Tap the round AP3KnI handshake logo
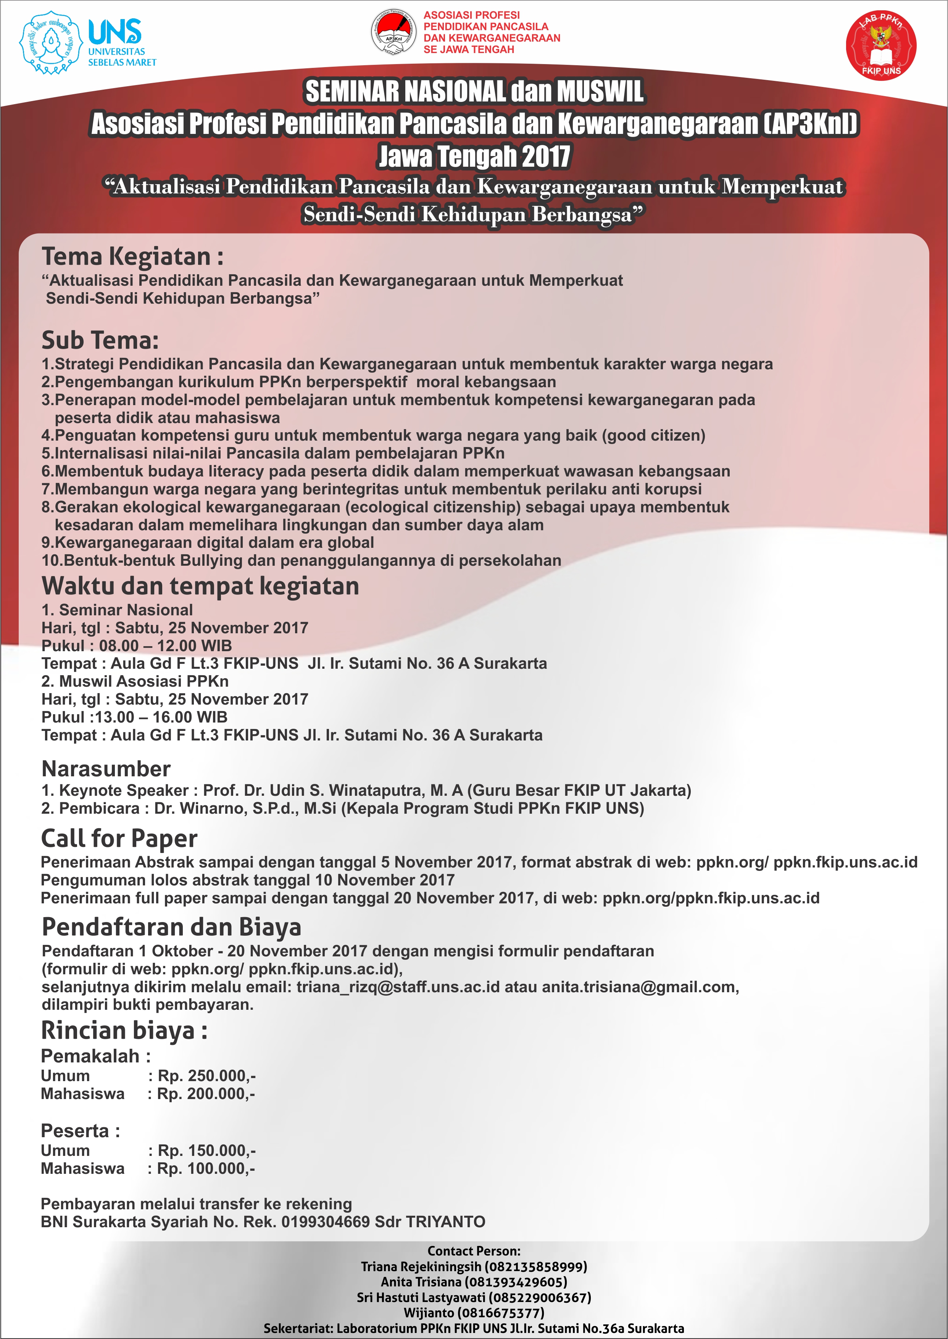pyautogui.click(x=393, y=33)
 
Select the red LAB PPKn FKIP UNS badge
pyautogui.click(x=880, y=45)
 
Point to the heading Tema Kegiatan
pyautogui.click(x=132, y=257)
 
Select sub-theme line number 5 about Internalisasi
pyautogui.click(x=272, y=453)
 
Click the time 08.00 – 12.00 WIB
pyautogui.click(x=165, y=646)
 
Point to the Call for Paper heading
pyautogui.click(x=119, y=838)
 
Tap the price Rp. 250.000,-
pyautogui.click(x=206, y=1076)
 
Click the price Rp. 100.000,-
pyautogui.click(x=206, y=1168)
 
